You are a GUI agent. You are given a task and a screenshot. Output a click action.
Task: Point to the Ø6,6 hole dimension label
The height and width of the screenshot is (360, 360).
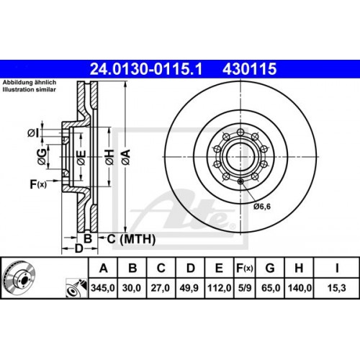pyautogui.click(x=264, y=207)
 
